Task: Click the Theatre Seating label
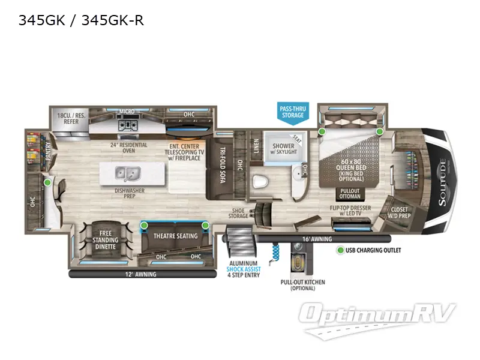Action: click(x=175, y=236)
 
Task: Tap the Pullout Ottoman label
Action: click(x=350, y=194)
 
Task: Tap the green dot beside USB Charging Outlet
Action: click(x=340, y=250)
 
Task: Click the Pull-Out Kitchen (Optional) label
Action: click(x=295, y=284)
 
